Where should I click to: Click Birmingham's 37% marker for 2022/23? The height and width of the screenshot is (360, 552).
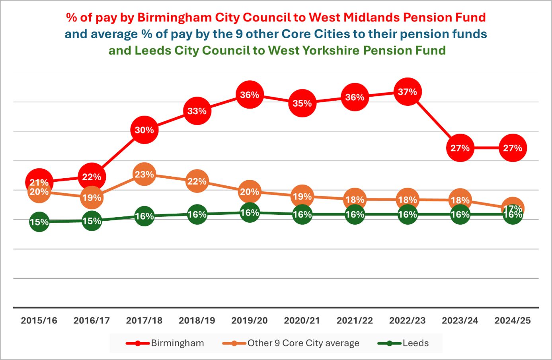[x=408, y=92]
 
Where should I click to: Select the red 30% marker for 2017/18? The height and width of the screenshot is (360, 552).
[x=144, y=130]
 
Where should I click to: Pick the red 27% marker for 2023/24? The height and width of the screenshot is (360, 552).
[x=460, y=148]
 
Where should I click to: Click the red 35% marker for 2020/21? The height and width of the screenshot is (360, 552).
[x=302, y=103]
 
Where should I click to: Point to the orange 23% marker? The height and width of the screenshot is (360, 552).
[x=144, y=174]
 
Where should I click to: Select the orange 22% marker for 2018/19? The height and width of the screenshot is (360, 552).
[x=197, y=181]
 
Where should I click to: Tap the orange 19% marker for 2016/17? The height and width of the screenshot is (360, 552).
[x=92, y=197]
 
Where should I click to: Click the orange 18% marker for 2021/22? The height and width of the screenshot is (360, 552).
[x=355, y=200]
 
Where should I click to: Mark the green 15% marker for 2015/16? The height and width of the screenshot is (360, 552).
[x=39, y=222]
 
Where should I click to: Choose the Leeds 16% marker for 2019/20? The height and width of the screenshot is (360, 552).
[x=250, y=213]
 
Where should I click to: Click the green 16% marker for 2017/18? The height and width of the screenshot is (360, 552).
[x=144, y=216]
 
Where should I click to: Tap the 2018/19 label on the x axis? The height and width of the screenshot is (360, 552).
[x=197, y=321]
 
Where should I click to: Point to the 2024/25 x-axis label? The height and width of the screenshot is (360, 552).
[x=513, y=321]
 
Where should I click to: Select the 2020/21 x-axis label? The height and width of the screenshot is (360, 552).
[x=302, y=321]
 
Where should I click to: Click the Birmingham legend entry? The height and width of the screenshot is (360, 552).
[x=165, y=343]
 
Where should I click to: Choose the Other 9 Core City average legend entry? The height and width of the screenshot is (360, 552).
[x=291, y=343]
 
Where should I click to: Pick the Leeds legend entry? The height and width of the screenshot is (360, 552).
[x=404, y=343]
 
